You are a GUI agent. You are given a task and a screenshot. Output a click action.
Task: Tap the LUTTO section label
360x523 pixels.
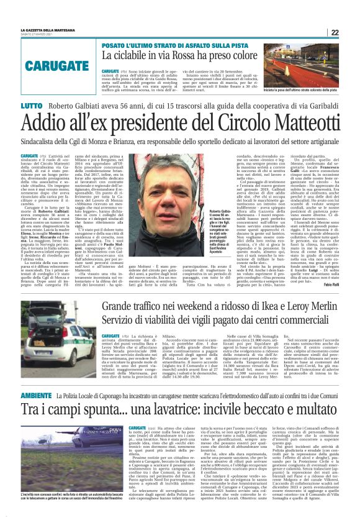click(30, 107)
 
